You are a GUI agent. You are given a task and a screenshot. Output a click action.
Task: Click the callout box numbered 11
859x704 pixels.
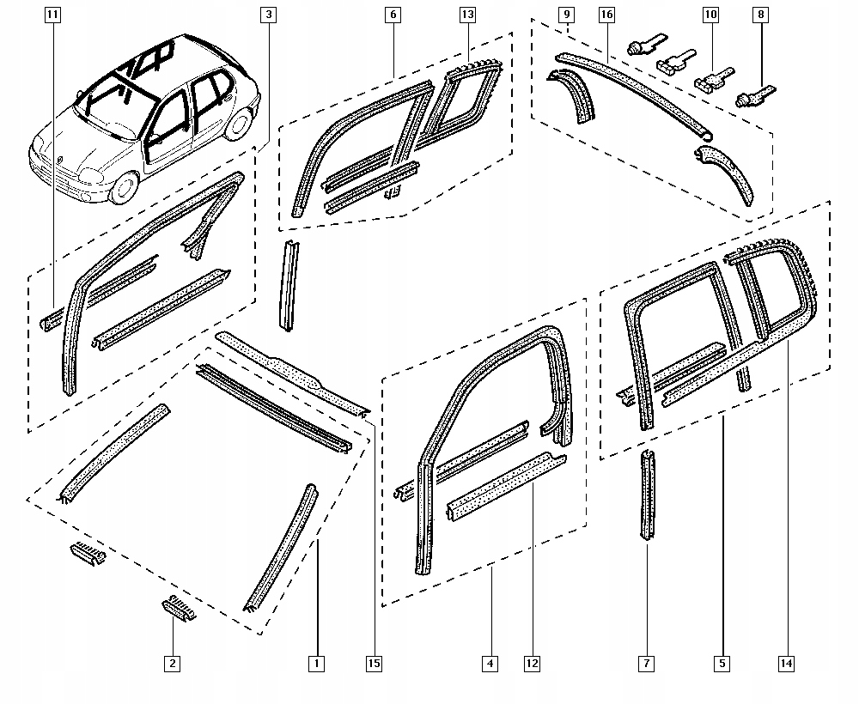coord(52,15)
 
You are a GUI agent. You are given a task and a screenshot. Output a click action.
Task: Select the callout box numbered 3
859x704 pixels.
coord(269,15)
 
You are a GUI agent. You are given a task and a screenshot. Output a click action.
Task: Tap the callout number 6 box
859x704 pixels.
coord(393,15)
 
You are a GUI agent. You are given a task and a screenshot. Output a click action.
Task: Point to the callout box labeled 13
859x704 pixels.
coord(467,15)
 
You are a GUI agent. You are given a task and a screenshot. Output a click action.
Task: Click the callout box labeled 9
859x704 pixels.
coord(566,15)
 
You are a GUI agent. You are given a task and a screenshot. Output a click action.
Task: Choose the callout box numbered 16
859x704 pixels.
coord(606,15)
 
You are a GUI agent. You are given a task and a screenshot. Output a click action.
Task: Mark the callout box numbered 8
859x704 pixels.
coord(760,15)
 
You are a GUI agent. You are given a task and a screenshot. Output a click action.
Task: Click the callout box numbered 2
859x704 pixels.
coord(173,663)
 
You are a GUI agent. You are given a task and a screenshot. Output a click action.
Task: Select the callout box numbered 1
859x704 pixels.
coord(317,663)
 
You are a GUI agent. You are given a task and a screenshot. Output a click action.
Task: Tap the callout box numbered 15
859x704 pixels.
coord(374,663)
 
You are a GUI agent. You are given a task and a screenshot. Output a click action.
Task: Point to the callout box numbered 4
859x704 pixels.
coord(490,663)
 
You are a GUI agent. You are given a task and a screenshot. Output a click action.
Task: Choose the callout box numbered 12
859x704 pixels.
coord(532,663)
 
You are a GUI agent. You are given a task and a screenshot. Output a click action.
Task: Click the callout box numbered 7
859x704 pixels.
coord(647,663)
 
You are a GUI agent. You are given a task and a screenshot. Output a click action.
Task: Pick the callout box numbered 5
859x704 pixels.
coord(722,663)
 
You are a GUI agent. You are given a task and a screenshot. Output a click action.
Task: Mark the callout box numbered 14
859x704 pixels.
coord(785,663)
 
